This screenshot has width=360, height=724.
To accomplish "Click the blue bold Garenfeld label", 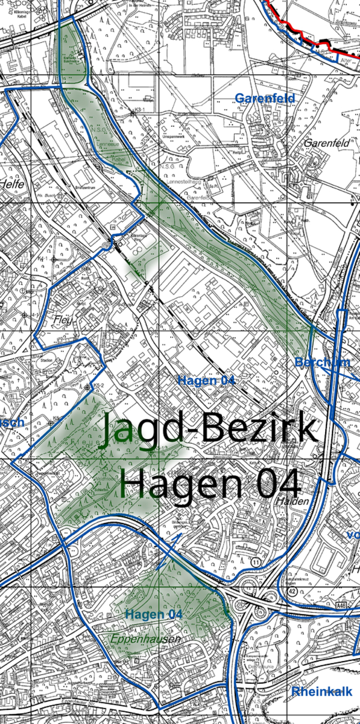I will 265,98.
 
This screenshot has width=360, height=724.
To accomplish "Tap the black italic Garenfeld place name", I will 327,143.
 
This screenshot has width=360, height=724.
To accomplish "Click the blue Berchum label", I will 322,362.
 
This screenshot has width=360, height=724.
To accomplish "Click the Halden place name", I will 292,501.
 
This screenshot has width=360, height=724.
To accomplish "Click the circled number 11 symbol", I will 256,562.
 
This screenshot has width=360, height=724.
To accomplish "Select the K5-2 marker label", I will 99,385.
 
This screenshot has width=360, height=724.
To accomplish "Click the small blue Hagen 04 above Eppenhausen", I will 154,615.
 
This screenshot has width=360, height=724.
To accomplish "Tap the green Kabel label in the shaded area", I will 119,160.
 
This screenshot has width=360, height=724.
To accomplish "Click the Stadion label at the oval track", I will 46,360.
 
